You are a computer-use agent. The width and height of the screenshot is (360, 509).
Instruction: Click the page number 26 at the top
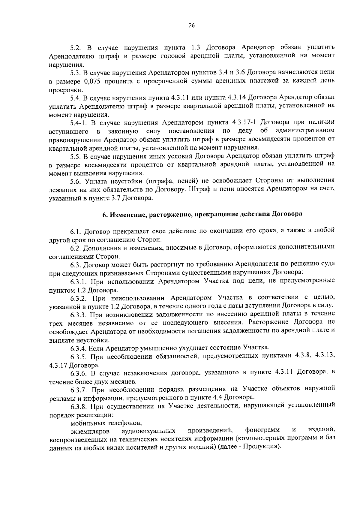(192, 26)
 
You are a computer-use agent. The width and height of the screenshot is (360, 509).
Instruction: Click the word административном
(304, 131)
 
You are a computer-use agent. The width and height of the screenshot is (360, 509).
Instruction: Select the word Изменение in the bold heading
(128, 214)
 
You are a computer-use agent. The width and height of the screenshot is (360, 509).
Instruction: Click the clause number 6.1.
(76, 231)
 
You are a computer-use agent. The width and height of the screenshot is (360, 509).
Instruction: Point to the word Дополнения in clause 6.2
(101, 248)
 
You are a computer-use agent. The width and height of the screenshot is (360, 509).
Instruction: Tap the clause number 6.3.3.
(79, 315)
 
